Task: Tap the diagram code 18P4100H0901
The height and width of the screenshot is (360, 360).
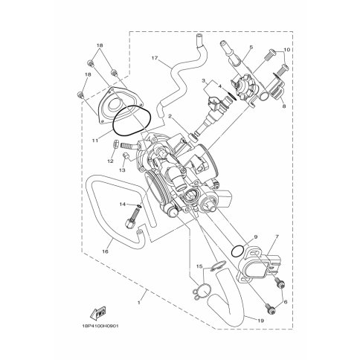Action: pos(100,326)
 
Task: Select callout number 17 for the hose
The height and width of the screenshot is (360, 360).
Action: pos(155,58)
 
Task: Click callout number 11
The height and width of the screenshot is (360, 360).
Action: pos(95,141)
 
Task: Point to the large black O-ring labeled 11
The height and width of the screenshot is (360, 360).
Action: pos(132,121)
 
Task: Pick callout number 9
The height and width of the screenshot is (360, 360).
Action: pos(256,237)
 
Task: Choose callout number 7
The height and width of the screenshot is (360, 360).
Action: pos(277,237)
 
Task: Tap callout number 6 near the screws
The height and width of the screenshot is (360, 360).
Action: pos(286,302)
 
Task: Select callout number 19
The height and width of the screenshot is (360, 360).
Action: pos(260,321)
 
